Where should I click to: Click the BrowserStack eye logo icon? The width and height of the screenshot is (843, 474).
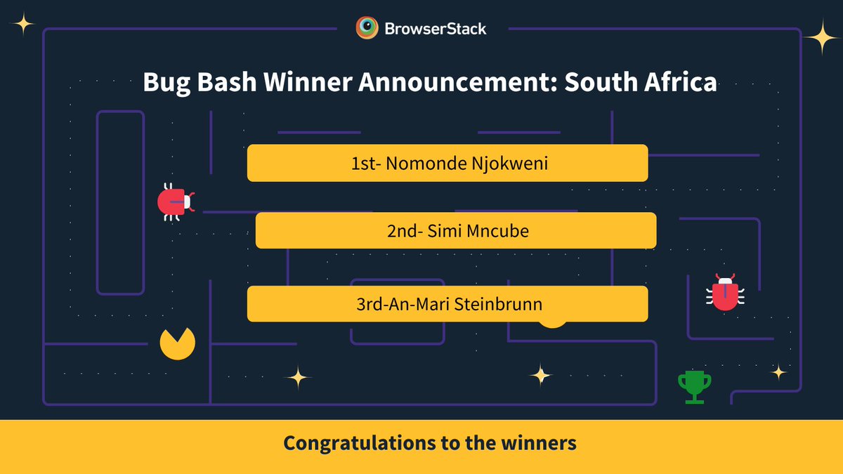coord(367,28)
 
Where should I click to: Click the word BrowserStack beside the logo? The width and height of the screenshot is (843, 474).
coord(436,29)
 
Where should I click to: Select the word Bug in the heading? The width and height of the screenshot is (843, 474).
coord(166,82)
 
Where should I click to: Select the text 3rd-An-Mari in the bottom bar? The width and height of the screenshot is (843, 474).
coord(403,304)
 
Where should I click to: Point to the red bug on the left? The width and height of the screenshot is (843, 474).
coord(175,202)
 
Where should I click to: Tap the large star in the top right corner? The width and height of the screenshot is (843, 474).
coord(821,37)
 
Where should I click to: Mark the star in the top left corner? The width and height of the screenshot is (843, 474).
coord(23,25)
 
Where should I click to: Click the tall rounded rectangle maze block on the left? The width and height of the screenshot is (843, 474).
coord(120,202)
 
